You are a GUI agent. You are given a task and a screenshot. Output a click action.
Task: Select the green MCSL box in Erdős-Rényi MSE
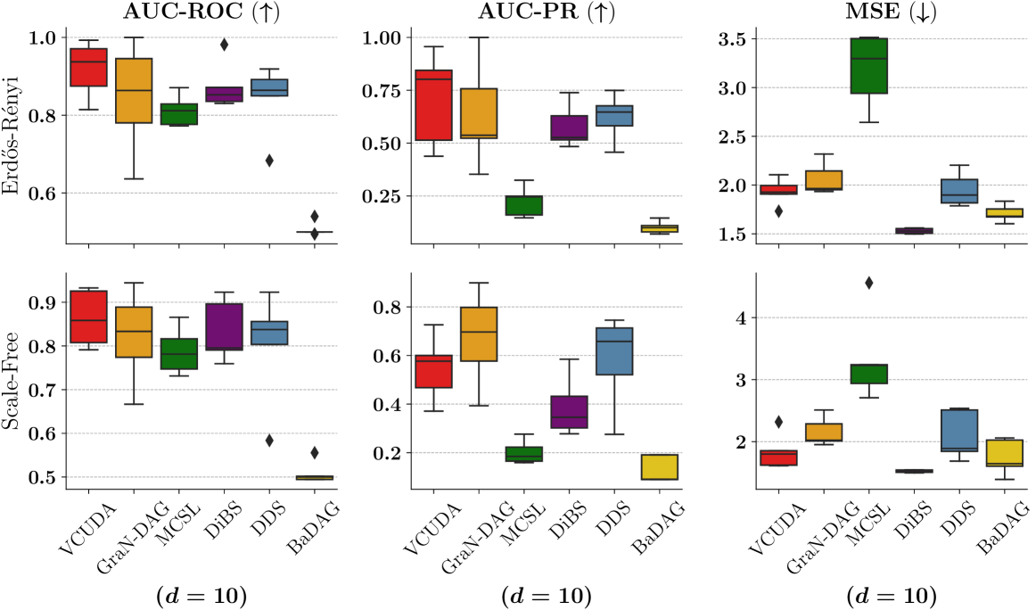(868, 65)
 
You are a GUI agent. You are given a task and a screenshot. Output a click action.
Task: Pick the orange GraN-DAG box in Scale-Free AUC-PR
(479, 334)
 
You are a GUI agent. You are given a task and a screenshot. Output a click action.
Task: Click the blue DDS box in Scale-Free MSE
(959, 431)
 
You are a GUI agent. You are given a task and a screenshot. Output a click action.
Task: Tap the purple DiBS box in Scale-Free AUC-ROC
(225, 327)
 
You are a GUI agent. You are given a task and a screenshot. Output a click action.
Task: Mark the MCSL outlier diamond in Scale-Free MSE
(868, 284)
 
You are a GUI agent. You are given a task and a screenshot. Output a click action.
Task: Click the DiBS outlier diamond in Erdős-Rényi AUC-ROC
(225, 44)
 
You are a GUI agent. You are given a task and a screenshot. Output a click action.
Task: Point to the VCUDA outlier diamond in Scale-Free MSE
(778, 422)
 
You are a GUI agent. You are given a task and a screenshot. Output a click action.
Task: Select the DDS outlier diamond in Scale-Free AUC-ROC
(269, 440)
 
